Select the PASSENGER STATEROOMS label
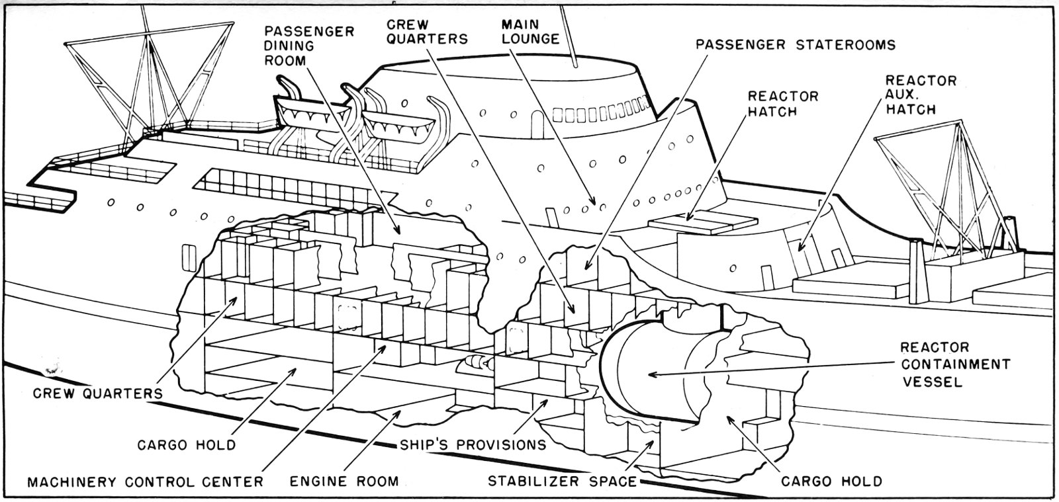[x=796, y=45]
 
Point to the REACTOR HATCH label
[x=783, y=104]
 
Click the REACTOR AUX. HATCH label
[x=921, y=95]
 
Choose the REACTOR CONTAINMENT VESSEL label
[x=953, y=364]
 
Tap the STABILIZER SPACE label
[x=562, y=481]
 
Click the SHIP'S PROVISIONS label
[x=473, y=444]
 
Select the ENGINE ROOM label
[x=344, y=481]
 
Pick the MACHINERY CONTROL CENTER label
[x=145, y=481]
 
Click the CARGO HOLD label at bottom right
[x=831, y=481]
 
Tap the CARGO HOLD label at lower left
[x=186, y=444]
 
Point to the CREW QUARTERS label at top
[x=427, y=32]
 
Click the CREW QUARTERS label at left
[x=98, y=394]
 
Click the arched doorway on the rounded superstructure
[x=536, y=120]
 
